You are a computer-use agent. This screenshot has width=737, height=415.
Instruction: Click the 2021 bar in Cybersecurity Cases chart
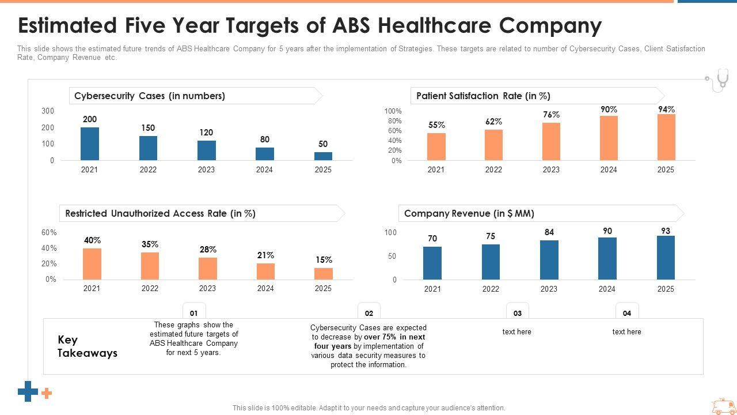tap(90, 144)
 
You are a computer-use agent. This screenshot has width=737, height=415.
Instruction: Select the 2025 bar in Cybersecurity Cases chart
tap(323, 156)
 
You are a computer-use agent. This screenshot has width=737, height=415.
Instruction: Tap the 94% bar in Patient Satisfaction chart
tap(666, 137)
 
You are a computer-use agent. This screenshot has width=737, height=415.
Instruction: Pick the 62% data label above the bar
tap(493, 122)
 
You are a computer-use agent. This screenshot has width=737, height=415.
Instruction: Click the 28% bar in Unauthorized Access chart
tap(208, 269)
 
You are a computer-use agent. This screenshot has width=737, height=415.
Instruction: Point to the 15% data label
tap(324, 260)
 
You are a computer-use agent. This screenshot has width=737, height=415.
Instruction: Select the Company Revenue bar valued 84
tap(549, 260)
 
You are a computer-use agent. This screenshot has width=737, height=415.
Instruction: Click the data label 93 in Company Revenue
tap(666, 231)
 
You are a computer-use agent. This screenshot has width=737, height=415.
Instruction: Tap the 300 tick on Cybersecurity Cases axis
tap(48, 111)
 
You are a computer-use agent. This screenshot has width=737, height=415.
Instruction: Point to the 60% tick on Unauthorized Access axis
tap(49, 232)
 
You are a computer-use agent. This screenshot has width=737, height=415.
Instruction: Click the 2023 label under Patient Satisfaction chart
tap(551, 169)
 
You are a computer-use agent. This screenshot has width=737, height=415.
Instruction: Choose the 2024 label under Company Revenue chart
tap(607, 289)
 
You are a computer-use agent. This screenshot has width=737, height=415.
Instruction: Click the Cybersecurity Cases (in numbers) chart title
tap(150, 96)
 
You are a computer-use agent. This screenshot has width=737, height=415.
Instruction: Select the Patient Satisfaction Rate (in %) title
tap(483, 96)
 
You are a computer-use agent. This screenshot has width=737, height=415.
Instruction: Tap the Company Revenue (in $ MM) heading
tap(469, 213)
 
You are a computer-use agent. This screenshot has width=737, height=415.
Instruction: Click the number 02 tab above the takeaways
tap(369, 313)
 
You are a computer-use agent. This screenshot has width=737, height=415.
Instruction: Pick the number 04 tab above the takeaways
tap(627, 313)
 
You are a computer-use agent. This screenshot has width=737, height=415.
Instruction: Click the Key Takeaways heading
tap(88, 346)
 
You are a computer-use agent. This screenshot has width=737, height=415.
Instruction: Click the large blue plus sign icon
tap(28, 391)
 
